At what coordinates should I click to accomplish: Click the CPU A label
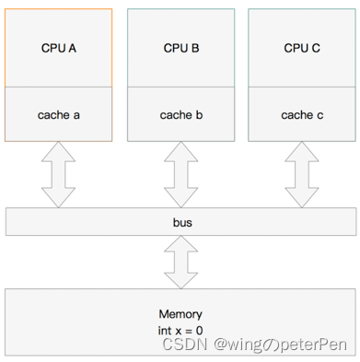coord(59,48)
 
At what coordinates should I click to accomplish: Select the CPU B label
coord(180,48)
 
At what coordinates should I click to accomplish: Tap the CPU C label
coord(302,48)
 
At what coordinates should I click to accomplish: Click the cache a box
coord(59,115)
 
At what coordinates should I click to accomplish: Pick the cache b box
coord(180,115)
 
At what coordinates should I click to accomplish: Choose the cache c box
coord(302,115)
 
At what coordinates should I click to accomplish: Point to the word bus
coord(181,223)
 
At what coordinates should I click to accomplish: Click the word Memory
coord(181,314)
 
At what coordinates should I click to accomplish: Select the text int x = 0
coord(181,329)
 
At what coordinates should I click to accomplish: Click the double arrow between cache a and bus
coord(59,175)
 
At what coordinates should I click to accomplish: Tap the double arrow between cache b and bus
coord(180,175)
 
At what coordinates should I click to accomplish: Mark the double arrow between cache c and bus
coord(302,175)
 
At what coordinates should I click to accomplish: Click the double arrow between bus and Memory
coord(181,262)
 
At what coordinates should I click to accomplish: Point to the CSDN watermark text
coord(184,344)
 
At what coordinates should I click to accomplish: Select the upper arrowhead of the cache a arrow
coord(59,151)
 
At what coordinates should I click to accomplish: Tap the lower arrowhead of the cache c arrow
coord(302,199)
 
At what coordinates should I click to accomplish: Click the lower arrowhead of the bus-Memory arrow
coord(181,279)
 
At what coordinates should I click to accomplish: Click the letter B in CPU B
coord(194,48)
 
